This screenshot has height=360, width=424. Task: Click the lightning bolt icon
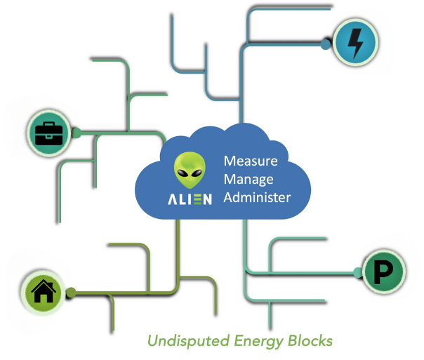355,43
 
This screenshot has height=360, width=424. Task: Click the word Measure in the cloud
250,161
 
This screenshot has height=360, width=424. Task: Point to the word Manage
248,179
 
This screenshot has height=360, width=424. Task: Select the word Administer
256,197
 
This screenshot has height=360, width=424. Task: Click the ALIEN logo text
190,199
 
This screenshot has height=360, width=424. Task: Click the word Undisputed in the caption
180,342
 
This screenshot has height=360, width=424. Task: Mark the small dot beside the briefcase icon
77,131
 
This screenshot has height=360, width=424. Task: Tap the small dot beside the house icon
70,292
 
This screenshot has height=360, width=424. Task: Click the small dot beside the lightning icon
325,44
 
